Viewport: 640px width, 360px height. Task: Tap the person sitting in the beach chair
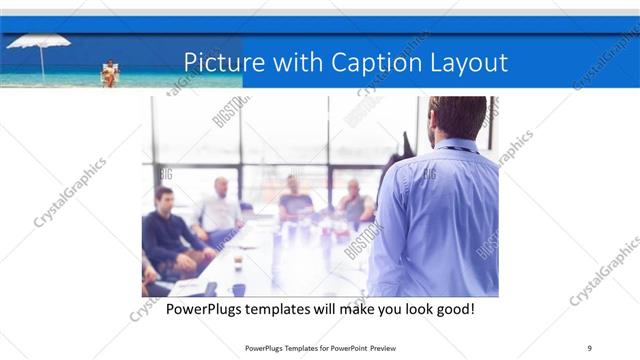[109, 73]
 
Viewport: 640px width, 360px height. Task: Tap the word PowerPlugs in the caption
[204, 309]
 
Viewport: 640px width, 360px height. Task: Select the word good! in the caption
[452, 309]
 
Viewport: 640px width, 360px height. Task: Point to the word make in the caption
[360, 309]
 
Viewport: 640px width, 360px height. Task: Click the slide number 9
[589, 347]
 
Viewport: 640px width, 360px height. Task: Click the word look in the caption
[415, 309]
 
